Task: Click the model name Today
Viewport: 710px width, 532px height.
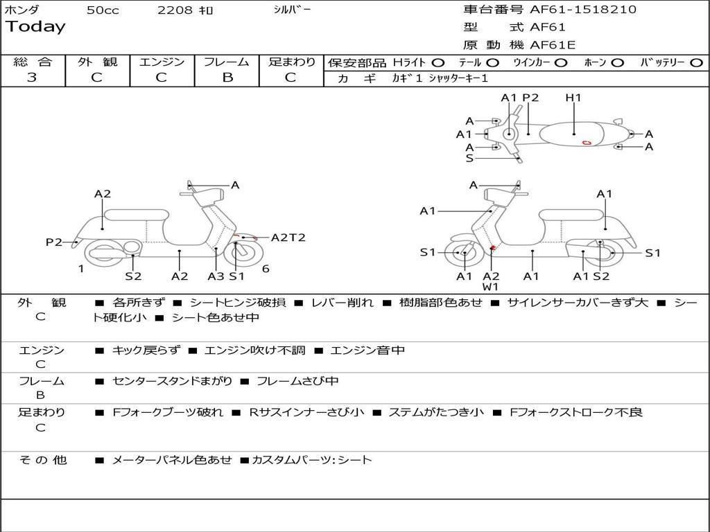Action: (x=35, y=27)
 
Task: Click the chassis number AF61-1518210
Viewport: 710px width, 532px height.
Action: (x=583, y=10)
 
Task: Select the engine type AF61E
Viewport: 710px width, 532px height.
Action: (x=553, y=46)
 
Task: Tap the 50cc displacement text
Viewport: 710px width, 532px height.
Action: (x=103, y=10)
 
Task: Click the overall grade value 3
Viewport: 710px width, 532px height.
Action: (x=32, y=78)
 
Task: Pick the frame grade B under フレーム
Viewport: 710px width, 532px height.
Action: (x=227, y=78)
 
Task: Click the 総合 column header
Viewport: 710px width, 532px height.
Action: (x=32, y=62)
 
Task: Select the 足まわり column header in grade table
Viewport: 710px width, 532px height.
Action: (x=291, y=62)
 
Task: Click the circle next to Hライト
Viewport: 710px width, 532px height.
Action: (x=438, y=63)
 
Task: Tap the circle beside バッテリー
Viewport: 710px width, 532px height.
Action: (x=697, y=63)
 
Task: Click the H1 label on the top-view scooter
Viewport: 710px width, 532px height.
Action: (x=573, y=98)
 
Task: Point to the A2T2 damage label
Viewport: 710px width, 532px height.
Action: (x=288, y=238)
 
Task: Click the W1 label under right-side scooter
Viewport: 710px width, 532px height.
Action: (x=491, y=286)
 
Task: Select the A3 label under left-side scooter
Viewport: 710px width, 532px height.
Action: (x=216, y=276)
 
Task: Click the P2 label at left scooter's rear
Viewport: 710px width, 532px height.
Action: (x=54, y=242)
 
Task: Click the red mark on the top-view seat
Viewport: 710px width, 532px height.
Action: (x=587, y=143)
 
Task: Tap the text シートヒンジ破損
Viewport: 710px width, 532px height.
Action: (x=238, y=303)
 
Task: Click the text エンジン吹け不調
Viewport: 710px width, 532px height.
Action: (x=254, y=351)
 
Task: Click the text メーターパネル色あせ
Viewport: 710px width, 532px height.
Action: (x=171, y=460)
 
